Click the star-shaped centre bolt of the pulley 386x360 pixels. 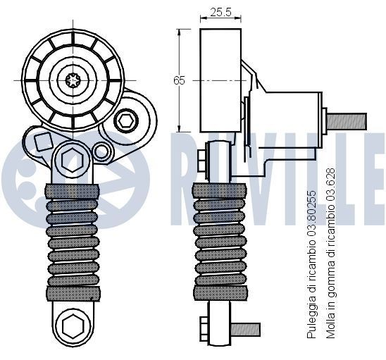coord(73,80)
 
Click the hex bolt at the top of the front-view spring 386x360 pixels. coord(73,162)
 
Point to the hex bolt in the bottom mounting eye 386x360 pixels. coord(73,326)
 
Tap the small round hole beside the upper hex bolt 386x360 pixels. coord(102,151)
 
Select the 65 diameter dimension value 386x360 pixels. coord(179,80)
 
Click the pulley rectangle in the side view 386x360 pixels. coord(221,80)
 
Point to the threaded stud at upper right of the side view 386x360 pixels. coord(346,120)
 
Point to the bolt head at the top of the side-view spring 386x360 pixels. coord(203,161)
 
